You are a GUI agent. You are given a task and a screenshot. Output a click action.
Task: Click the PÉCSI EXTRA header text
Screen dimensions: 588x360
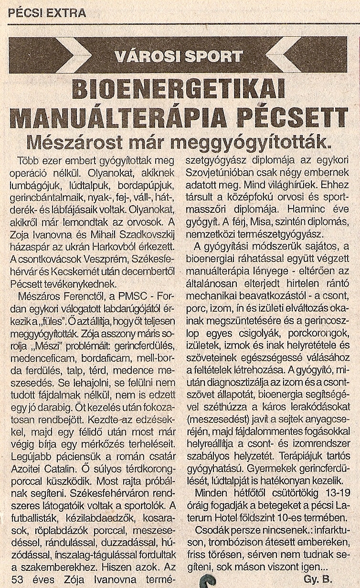[47, 13]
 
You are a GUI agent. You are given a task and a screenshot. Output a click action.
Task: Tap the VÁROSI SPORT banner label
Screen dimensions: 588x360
[179, 57]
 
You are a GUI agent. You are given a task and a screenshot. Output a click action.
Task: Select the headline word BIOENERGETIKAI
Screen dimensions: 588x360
[179, 89]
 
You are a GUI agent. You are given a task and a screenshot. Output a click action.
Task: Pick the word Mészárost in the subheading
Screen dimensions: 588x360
[74, 142]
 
